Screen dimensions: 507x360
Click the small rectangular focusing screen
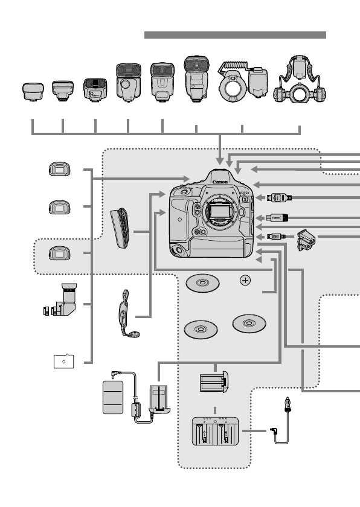click(x=63, y=361)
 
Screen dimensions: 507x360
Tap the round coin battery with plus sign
click(x=245, y=281)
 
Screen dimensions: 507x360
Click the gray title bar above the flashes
click(x=235, y=35)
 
